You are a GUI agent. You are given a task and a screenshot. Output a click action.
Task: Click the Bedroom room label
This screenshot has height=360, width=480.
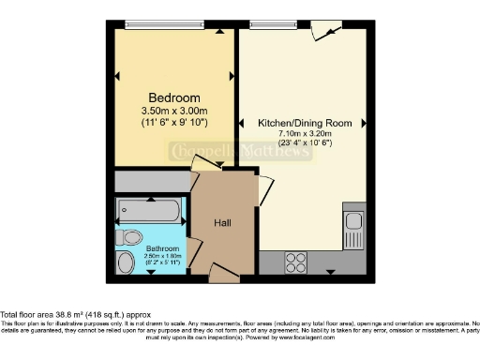pos(173,98)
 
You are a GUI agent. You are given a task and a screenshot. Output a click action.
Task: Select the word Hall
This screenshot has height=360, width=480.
pos(222,222)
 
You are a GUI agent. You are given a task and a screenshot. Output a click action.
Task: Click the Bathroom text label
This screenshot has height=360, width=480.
pos(140,248)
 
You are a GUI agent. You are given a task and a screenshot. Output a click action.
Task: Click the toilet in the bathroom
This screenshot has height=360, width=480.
pos(130,234)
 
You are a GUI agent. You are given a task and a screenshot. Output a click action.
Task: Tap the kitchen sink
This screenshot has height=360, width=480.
pos(353,222)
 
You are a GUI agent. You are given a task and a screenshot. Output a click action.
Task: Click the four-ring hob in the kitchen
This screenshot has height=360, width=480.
pos(296,260)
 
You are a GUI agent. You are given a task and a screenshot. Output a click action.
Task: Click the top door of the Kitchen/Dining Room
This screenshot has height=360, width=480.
pos(324,31)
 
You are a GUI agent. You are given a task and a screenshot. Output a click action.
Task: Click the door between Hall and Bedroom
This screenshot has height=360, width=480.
pos(205,163)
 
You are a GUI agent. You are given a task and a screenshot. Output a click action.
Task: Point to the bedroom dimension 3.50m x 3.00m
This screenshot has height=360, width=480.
pos(173,111)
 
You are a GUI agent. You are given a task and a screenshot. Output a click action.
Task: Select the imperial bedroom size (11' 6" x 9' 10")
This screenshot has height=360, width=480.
pos(173,122)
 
